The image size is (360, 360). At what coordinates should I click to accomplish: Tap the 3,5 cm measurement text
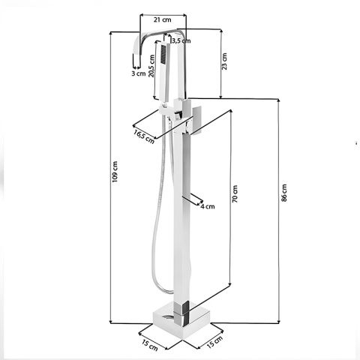point(180,40)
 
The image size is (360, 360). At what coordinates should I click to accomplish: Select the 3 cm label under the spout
point(138,73)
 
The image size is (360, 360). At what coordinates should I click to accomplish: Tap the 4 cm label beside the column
point(207,206)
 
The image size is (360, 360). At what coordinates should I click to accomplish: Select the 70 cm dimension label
point(235,197)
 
